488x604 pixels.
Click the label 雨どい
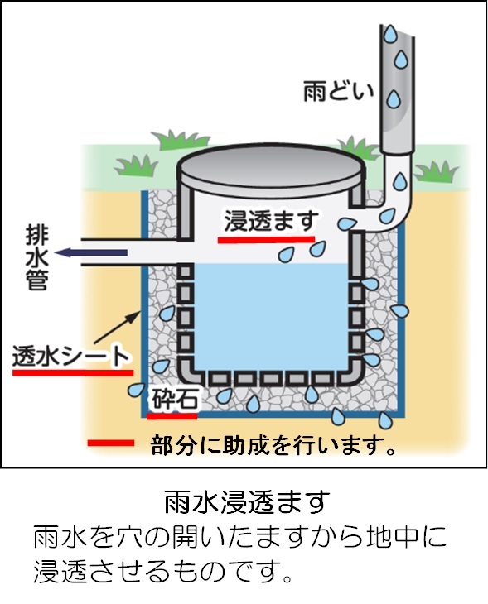pyautogui.click(x=339, y=91)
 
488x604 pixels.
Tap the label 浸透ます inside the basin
pyautogui.click(x=272, y=221)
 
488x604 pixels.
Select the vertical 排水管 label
pyautogui.click(x=36, y=258)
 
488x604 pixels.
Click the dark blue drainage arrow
pyautogui.click(x=91, y=252)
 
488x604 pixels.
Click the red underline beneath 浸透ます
pyautogui.click(x=266, y=240)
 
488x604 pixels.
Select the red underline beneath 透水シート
pyautogui.click(x=73, y=373)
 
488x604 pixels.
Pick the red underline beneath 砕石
pyautogui.click(x=172, y=416)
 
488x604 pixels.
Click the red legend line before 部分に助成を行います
pyautogui.click(x=111, y=443)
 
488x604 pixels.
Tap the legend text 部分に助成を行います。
pyautogui.click(x=273, y=445)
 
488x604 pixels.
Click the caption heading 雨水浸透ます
pyautogui.click(x=248, y=502)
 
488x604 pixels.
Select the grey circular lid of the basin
pyautogui.click(x=271, y=168)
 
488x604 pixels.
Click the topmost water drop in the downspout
pyautogui.click(x=390, y=35)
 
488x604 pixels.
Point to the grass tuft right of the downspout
pyautogui.click(x=437, y=172)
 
